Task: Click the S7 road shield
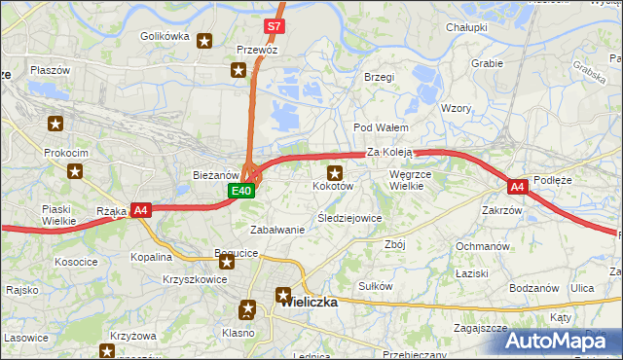pos(274,26)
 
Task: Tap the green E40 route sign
pos(242,192)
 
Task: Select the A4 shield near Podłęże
pos(517,186)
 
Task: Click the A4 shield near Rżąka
pos(140,209)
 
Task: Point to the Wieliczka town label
pos(309,302)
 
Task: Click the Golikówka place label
pos(164,36)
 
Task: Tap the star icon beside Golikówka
pos(204,41)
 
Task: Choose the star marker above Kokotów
pos(334,171)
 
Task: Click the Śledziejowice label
pos(349,218)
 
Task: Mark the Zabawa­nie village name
pos(277,230)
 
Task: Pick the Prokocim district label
pos(67,154)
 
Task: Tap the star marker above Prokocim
pos(56,124)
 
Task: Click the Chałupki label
pos(466,28)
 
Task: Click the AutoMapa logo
pos(564,340)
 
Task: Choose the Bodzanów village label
pos(532,289)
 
